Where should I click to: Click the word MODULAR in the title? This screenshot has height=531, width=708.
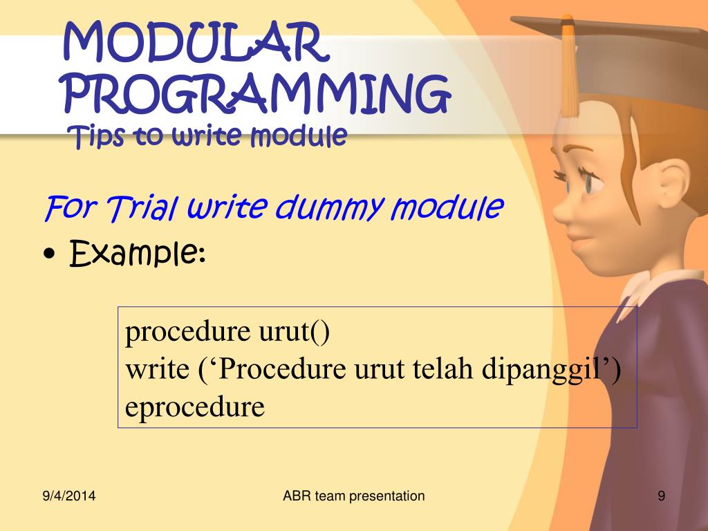pos(195,42)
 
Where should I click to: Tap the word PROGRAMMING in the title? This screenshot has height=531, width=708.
pos(257,94)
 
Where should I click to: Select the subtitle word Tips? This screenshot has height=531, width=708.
pos(95,136)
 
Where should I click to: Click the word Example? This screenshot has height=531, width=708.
pos(138,253)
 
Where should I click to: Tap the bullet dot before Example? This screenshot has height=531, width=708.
pos(50,254)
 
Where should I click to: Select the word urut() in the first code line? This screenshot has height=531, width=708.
pos(294,331)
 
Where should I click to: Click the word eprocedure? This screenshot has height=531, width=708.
pos(194,407)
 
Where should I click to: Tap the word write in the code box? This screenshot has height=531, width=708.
pos(157,369)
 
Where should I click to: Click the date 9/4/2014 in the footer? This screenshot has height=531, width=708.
pos(69,496)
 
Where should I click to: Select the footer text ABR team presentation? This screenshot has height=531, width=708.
pos(353,496)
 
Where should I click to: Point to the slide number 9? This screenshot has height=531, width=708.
pos(661,496)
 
